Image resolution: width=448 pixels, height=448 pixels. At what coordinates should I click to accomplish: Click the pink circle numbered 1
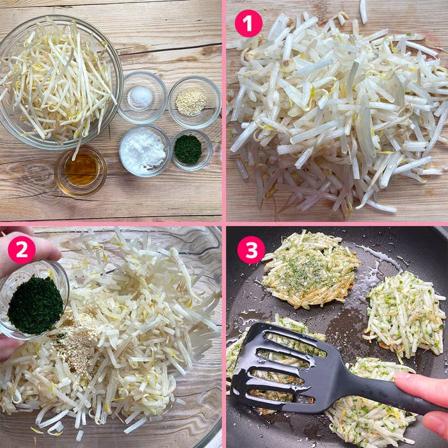click(x=248, y=24)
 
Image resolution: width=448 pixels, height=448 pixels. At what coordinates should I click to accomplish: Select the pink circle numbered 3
click(x=251, y=250)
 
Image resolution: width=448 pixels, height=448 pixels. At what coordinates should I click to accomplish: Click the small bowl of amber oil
click(x=81, y=171)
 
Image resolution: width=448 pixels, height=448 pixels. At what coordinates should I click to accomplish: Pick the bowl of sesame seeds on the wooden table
click(x=195, y=102)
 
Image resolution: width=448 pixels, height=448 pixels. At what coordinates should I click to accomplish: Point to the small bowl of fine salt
click(x=142, y=97)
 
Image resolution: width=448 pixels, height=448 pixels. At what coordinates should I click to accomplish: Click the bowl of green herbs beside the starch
click(x=192, y=150)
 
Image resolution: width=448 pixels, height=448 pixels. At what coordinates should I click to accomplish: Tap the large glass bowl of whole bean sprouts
click(x=59, y=81)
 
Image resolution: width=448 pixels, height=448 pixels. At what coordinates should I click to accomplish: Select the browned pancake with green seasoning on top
click(x=310, y=269)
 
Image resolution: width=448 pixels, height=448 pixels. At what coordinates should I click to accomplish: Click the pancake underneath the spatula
click(x=275, y=363)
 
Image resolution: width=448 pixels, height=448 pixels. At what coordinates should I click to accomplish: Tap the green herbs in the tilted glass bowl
click(x=35, y=305)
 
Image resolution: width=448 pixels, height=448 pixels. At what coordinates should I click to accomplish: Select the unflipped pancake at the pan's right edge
click(x=404, y=316)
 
